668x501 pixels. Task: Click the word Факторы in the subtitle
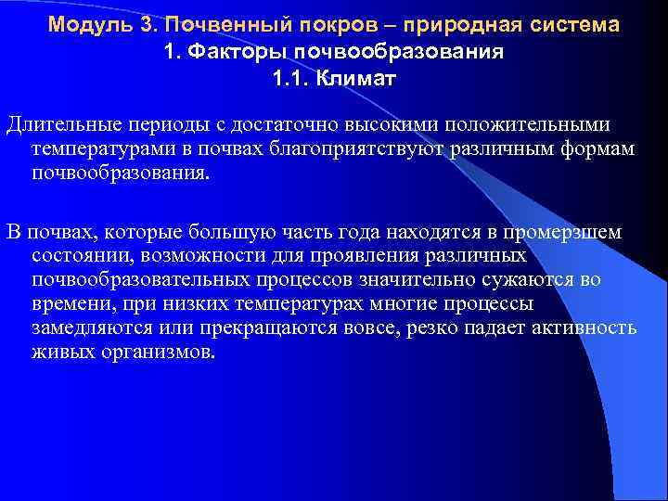tap(225, 52)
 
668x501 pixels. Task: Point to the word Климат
tap(356, 79)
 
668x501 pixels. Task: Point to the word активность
tap(582, 328)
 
